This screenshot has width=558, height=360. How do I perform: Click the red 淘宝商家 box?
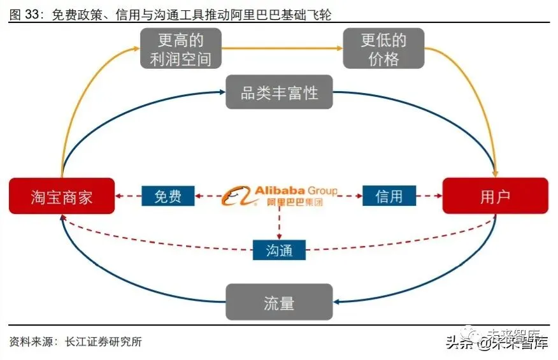point(62,196)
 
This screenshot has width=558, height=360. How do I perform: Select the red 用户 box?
point(495,196)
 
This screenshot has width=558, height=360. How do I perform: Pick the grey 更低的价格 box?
point(383,49)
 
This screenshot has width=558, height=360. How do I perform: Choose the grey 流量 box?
point(279,302)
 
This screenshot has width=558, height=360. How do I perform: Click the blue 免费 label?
point(168,196)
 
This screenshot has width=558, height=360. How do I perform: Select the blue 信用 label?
point(389,196)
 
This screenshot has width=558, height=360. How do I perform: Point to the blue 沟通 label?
point(279,249)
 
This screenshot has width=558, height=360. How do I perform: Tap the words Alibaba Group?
point(296,191)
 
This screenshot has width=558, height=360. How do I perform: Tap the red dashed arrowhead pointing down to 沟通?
point(279,235)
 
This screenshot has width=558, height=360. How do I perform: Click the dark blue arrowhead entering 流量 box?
point(338,302)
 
